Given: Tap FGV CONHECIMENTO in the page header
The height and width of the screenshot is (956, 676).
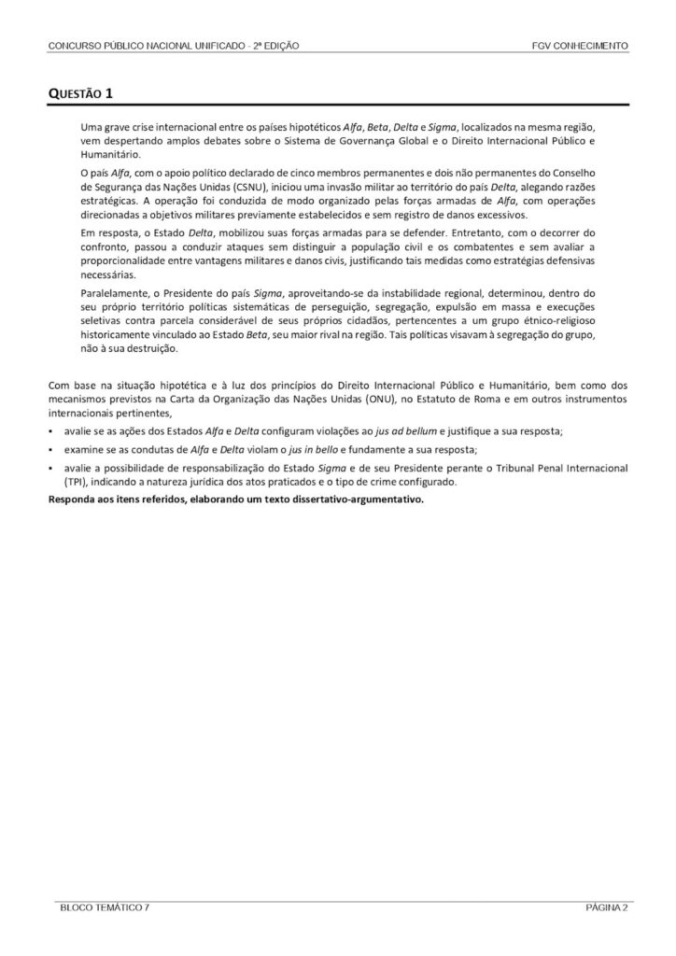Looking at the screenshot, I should pyautogui.click(x=579, y=46).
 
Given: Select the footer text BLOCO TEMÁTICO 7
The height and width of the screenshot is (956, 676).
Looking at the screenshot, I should pyautogui.click(x=102, y=907).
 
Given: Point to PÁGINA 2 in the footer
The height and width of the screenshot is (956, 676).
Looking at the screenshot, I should pyautogui.click(x=607, y=907).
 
